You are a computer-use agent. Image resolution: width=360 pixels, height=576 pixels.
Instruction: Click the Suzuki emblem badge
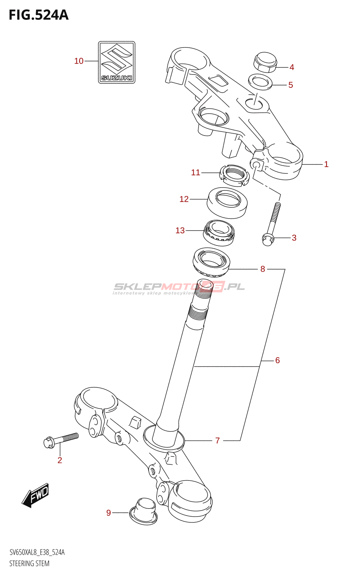pos(117,62)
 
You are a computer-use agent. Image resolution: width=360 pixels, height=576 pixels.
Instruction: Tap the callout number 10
pos(79,61)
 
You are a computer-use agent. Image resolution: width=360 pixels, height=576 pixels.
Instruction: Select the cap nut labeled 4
pos(265,62)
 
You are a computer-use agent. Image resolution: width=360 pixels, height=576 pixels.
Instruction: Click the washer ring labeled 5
pos(260,82)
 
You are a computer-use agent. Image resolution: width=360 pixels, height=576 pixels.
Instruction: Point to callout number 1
pos(326,164)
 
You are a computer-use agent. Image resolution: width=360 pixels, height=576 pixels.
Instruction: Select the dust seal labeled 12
pos(227,202)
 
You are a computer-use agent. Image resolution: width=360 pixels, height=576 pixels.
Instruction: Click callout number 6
pos(277,360)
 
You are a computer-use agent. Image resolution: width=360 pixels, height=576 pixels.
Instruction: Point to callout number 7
pos(217,440)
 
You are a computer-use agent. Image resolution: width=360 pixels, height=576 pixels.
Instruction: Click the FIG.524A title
pos(39,15)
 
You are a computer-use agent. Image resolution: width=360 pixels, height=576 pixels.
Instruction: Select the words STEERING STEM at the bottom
pos(30,563)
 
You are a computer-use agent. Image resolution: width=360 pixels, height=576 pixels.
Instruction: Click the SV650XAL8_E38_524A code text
pos(37,553)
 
